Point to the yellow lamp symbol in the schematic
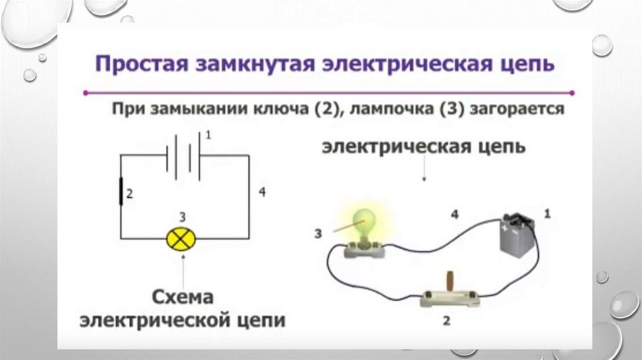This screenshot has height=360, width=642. tap(181, 238)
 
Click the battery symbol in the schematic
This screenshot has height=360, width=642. tap(183, 155)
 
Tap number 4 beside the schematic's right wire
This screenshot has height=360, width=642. tap(262, 193)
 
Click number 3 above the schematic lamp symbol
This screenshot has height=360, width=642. tap(182, 218)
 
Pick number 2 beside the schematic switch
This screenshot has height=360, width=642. tap(130, 194)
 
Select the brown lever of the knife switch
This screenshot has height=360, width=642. tap(449, 280)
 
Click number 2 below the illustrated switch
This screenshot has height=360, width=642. tap(446, 321)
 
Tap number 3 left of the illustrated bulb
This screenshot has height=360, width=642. tap(318, 234)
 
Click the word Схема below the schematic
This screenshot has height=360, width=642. tap(182, 296)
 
